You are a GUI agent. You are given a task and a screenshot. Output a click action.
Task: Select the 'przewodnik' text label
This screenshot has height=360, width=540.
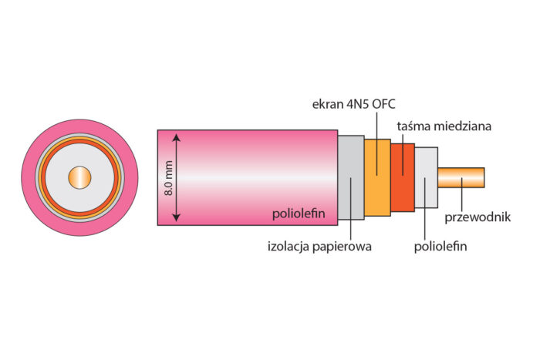click(x=479, y=217)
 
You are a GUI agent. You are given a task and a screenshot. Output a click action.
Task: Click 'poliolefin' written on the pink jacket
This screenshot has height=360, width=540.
click(x=302, y=213)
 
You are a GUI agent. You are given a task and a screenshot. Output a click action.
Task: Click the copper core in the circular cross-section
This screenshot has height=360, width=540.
click(x=79, y=177)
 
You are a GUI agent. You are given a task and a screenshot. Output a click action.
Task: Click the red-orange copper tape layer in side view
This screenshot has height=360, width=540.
click(x=403, y=177)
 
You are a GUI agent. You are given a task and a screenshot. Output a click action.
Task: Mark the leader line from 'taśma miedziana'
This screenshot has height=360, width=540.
click(x=403, y=150)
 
